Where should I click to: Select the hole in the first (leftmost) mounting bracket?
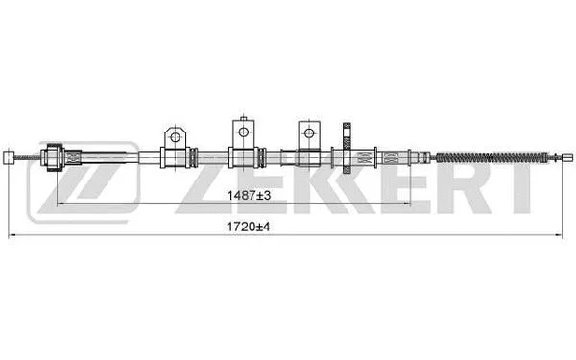(174, 136)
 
